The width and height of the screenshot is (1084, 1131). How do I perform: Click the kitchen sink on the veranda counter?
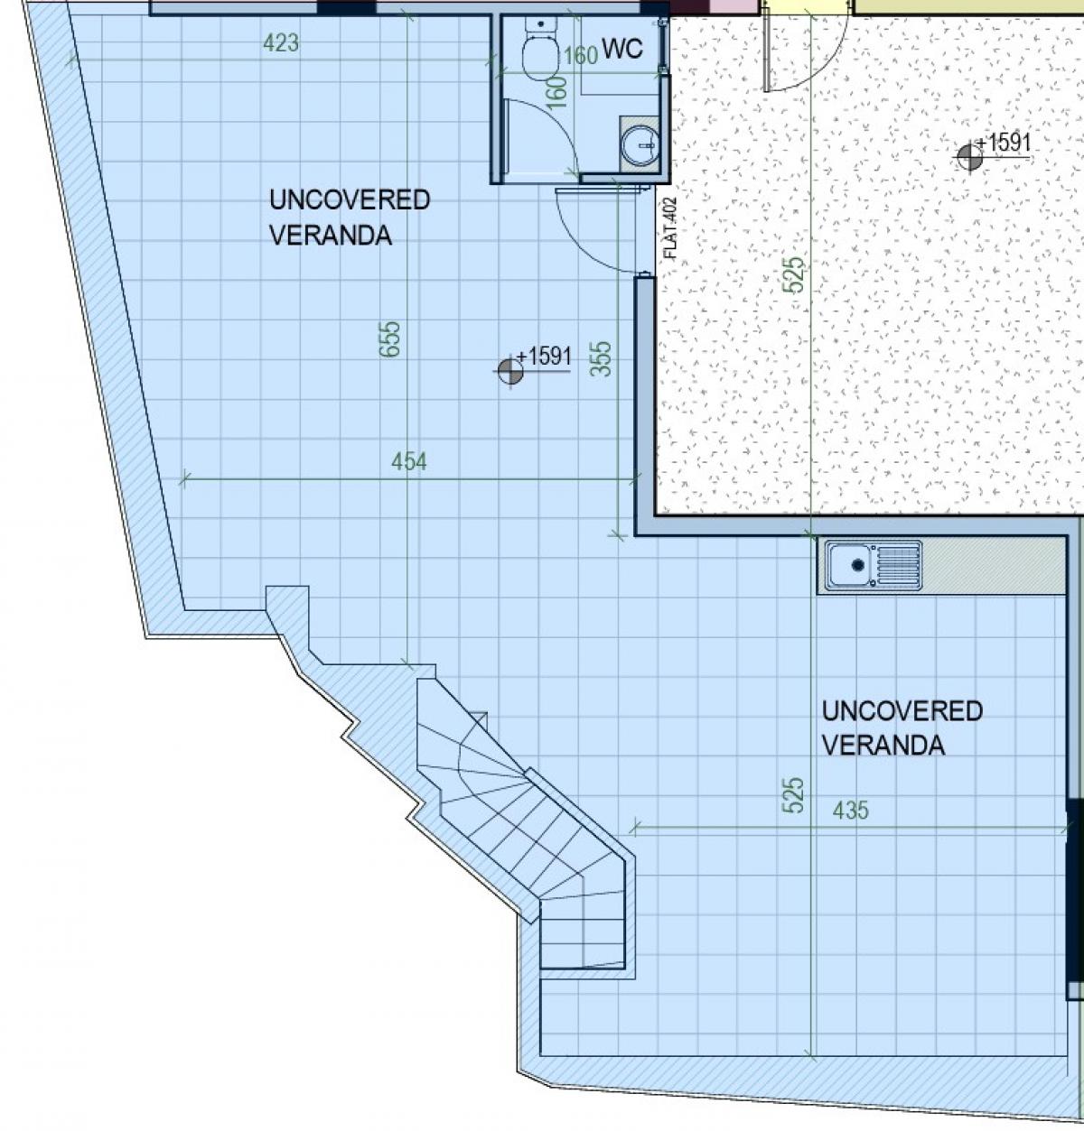[x=874, y=564]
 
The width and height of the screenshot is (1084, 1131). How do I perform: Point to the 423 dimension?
[x=281, y=42]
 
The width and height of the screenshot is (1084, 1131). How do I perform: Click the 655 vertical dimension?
[x=389, y=339]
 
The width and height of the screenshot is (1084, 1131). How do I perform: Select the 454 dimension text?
[x=409, y=461]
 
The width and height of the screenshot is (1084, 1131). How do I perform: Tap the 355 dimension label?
[x=602, y=358]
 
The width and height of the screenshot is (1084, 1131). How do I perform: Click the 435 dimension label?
[x=851, y=811]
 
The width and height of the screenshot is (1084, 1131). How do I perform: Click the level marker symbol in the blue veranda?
[x=510, y=371]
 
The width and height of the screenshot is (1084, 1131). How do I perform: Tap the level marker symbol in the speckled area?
[x=969, y=156]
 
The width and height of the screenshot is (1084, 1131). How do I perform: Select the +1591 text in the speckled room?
[x=1003, y=142]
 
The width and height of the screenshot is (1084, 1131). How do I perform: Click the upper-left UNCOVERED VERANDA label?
[x=350, y=218]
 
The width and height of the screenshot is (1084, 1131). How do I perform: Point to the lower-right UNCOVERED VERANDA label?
[x=902, y=728]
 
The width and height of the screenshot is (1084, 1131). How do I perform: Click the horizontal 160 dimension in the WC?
[x=581, y=56]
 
